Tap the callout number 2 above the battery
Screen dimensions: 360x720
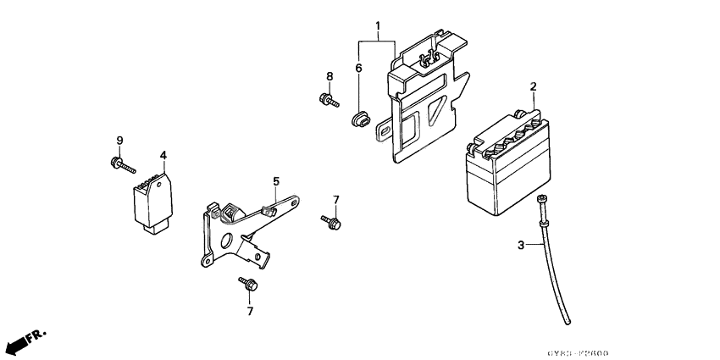[533, 86]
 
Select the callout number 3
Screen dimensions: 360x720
[521, 246]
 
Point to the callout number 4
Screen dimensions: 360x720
[163, 155]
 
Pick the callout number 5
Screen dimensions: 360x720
[275, 180]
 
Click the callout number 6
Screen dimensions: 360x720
[358, 68]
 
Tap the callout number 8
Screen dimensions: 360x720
[330, 77]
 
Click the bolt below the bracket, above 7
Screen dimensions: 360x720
[247, 284]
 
